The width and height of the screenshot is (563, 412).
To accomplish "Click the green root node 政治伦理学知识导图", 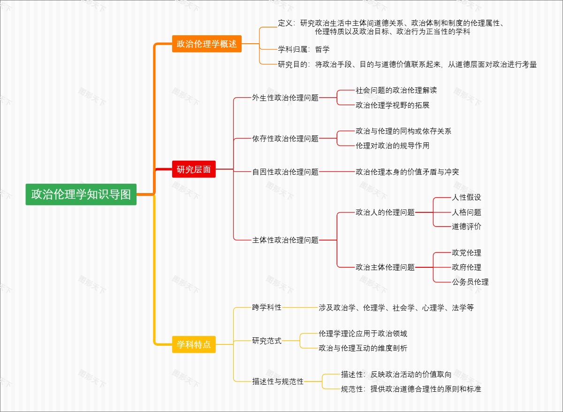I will [x=81, y=194].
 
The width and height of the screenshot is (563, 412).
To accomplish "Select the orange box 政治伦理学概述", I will [x=206, y=44].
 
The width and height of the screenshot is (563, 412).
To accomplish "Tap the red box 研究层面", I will [x=194, y=170].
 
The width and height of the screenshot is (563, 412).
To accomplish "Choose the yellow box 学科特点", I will [x=194, y=344].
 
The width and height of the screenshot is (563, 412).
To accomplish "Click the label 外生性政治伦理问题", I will [x=285, y=98].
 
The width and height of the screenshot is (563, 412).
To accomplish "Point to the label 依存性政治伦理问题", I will [x=285, y=139].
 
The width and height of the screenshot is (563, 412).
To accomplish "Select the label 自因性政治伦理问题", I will [x=285, y=172].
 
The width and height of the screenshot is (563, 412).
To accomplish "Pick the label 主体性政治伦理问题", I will [x=285, y=240].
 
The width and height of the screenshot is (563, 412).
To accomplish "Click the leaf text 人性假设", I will [x=466, y=197].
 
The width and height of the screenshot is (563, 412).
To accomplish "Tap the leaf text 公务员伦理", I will [x=470, y=282].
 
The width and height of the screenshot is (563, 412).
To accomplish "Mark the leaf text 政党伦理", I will [x=466, y=253].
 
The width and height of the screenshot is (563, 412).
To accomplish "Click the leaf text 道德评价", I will [x=466, y=226].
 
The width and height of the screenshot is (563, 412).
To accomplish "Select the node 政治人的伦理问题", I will [x=385, y=212].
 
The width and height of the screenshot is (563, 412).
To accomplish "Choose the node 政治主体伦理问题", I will [x=385, y=267].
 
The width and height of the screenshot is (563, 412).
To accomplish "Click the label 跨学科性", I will [x=266, y=307].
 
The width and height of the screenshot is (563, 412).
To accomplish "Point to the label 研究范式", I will [x=266, y=341].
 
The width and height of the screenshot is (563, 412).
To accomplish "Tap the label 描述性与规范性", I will [x=278, y=381].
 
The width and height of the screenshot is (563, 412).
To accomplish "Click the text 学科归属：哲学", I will [x=304, y=49].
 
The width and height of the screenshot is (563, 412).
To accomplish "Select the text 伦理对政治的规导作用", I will [x=392, y=146].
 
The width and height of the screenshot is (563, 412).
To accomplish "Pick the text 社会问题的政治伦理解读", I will [x=396, y=90].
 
